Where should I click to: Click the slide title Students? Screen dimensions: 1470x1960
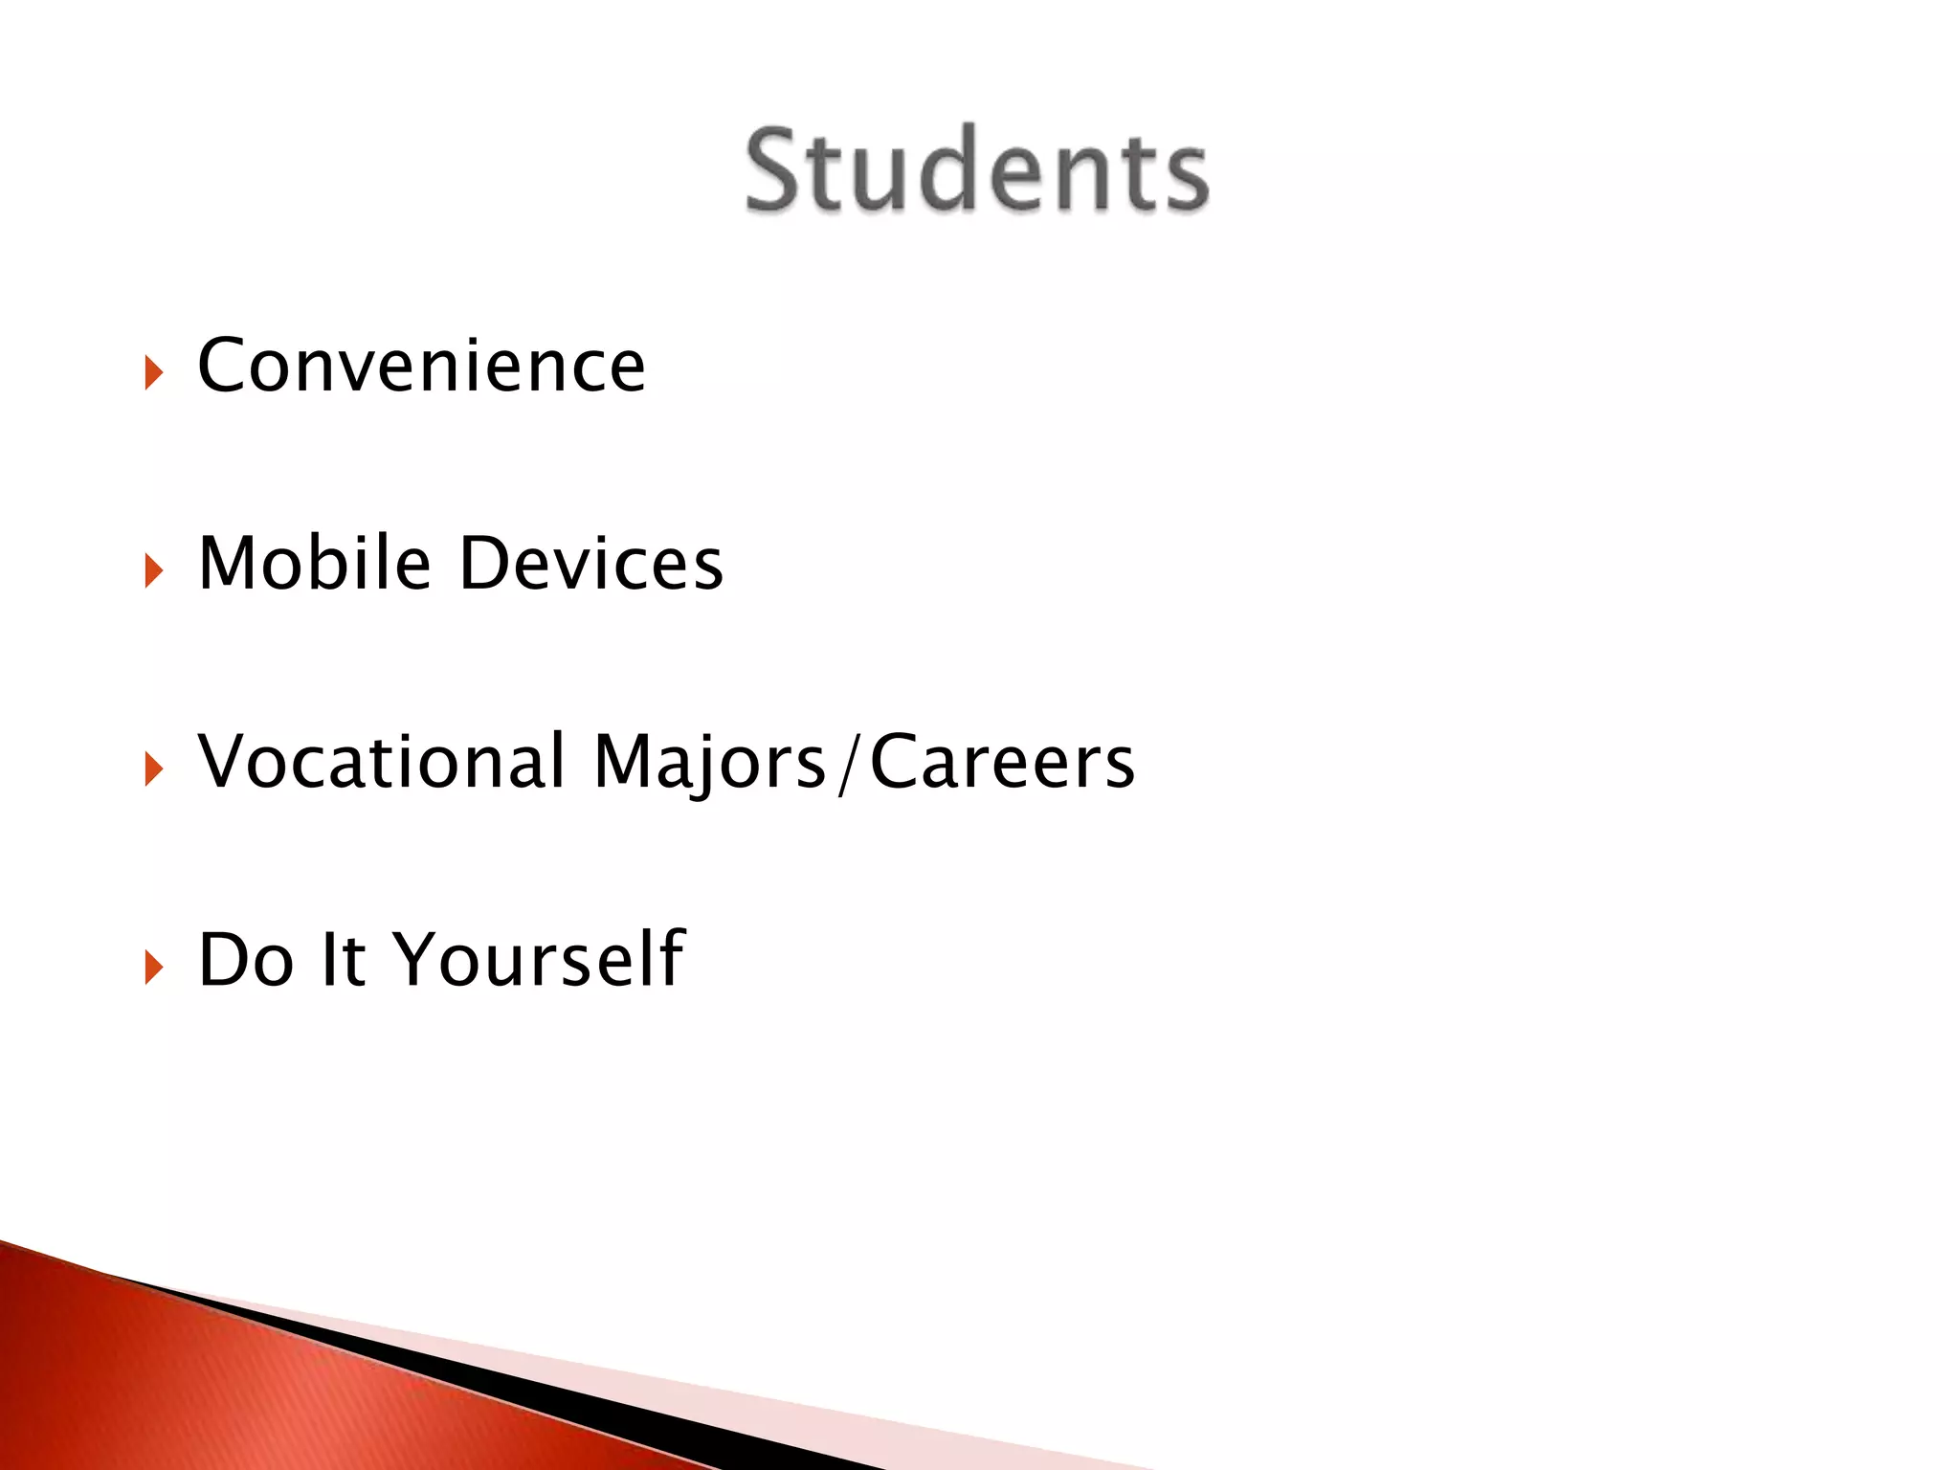coord(976,170)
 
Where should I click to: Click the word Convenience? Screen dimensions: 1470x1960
coord(421,366)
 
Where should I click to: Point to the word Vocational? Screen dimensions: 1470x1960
coord(382,762)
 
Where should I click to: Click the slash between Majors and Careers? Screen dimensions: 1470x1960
coord(847,764)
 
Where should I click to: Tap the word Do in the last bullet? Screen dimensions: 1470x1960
coord(245,959)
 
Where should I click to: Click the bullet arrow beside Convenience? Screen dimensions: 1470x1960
coord(154,373)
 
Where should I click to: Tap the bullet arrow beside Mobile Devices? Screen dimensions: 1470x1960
coord(154,571)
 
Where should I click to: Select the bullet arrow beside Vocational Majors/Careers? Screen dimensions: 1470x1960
coord(154,769)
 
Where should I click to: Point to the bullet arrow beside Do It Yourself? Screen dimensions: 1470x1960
coord(154,968)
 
